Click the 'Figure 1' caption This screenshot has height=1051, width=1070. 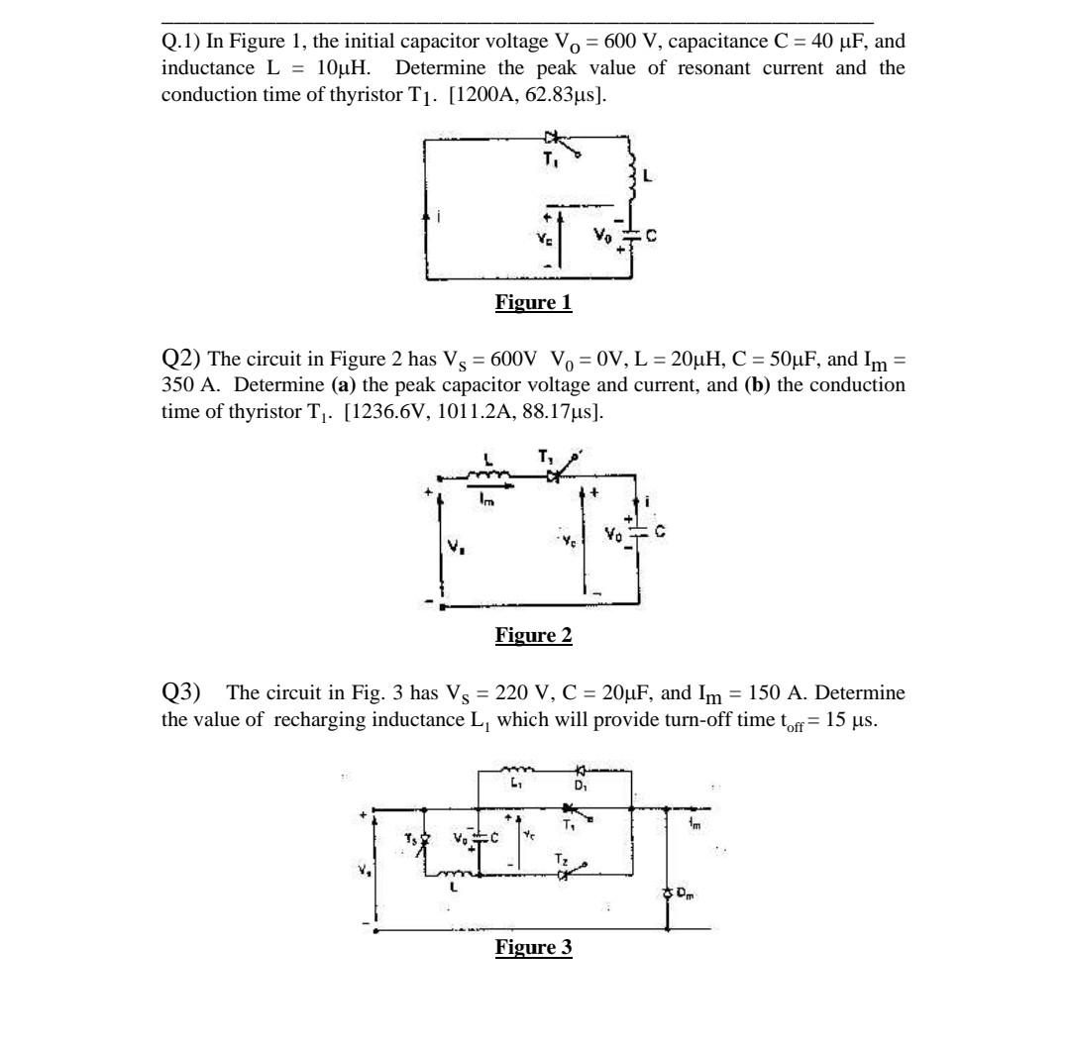[534, 303]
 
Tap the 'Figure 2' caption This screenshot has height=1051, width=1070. [534, 636]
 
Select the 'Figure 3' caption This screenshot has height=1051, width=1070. [534, 948]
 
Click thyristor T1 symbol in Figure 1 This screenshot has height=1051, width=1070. [552, 140]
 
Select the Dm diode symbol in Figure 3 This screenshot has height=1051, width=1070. [668, 893]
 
